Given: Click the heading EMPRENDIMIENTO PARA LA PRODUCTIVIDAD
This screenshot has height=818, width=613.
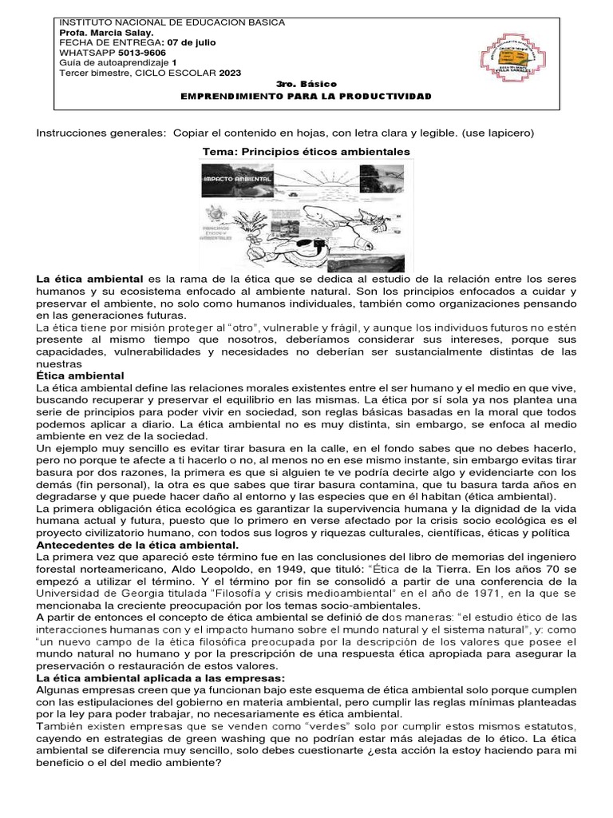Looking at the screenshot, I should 306,96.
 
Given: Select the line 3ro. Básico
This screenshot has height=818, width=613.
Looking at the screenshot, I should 306,84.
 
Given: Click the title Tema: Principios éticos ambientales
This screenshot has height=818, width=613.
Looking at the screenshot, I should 306,150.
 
